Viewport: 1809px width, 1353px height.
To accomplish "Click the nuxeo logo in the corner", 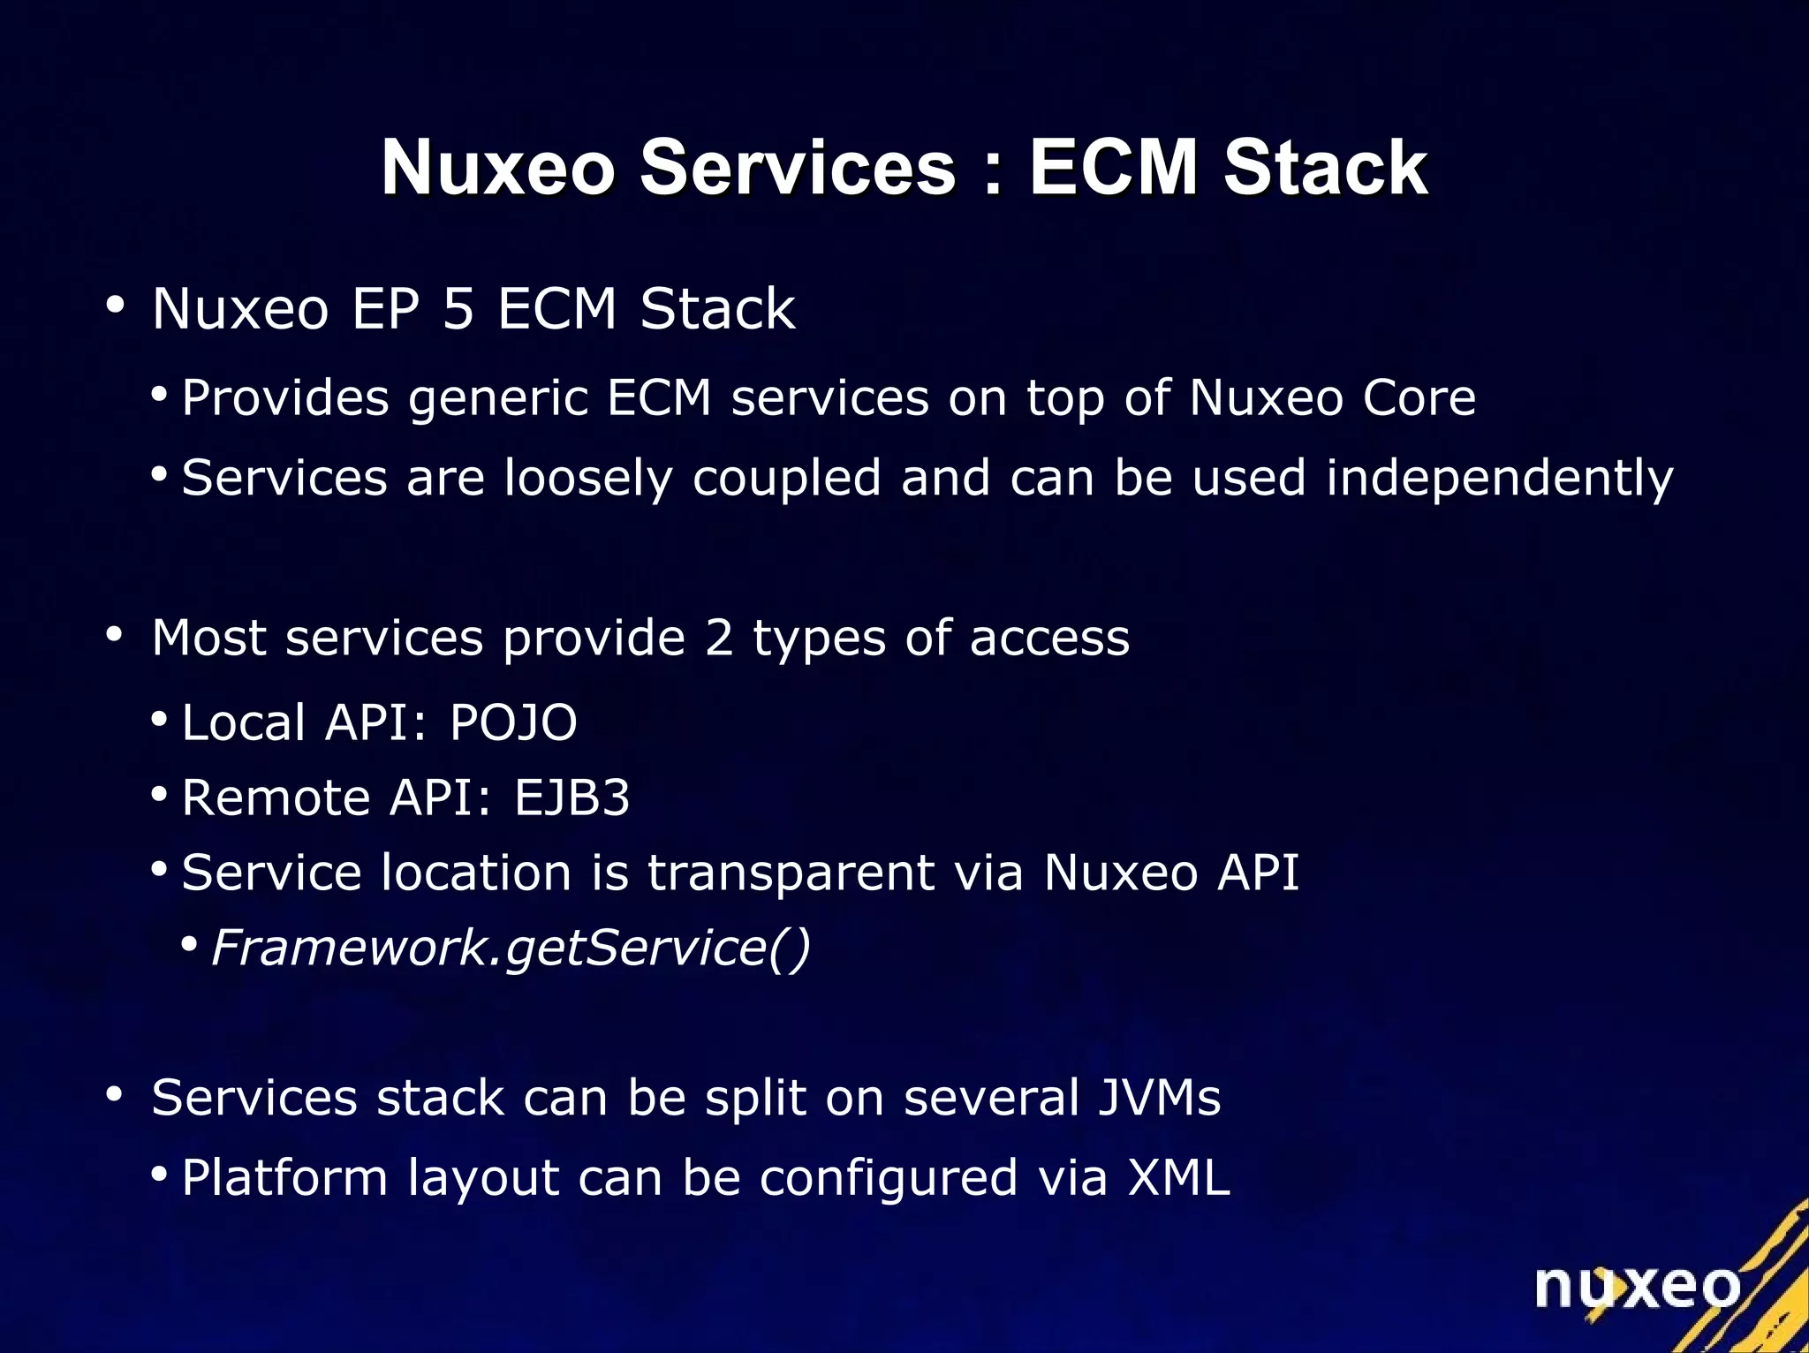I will [x=1637, y=1288].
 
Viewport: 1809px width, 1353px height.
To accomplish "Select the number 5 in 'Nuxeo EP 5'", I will [x=458, y=309].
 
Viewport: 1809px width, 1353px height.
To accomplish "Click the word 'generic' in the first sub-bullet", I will [x=498, y=399].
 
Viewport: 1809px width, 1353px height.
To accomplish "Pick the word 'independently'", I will [x=1499, y=479].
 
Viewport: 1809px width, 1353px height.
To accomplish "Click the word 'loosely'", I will [x=588, y=479].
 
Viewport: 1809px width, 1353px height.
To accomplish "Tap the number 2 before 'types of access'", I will [x=719, y=638].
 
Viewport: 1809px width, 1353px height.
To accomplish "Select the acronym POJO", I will [x=513, y=722].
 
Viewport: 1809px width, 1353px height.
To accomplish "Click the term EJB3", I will [x=572, y=797].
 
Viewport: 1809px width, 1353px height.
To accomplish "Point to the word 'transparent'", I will [x=791, y=873].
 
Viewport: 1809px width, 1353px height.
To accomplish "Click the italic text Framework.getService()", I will [x=511, y=949].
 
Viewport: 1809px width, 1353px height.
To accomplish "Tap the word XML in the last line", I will [x=1178, y=1178].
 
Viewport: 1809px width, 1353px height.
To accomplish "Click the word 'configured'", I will [x=889, y=1180].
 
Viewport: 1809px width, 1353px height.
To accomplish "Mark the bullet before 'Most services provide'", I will [x=114, y=635].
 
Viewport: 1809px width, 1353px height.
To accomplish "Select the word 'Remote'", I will [x=276, y=797].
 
